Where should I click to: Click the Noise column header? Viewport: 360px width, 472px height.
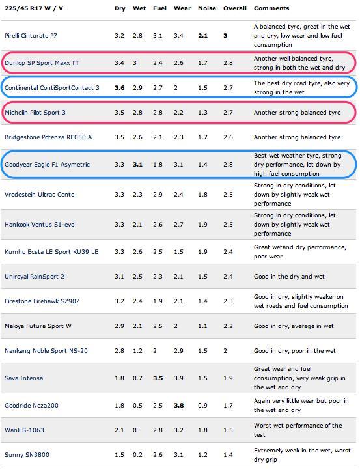207,8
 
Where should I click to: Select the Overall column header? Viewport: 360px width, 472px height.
235,8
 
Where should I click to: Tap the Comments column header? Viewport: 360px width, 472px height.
271,8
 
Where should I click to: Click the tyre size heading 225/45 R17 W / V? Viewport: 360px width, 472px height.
34,8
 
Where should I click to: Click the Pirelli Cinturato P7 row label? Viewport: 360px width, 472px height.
31,36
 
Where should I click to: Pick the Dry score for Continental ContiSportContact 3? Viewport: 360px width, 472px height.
120,88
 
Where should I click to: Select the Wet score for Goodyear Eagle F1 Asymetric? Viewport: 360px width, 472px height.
137,164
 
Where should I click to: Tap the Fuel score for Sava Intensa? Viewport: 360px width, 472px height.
158,378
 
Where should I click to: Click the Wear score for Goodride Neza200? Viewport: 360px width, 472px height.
179,405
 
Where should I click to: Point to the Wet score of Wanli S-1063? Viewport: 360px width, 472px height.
135,430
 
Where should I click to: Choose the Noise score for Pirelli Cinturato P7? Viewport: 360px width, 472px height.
202,36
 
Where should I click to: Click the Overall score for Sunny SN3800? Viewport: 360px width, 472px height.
228,454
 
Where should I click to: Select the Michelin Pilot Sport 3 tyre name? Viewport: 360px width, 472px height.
35,112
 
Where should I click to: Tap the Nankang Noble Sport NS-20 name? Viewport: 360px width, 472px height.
46,350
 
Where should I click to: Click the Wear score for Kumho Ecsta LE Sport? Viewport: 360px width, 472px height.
178,252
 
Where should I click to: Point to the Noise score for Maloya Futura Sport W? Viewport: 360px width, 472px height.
202,326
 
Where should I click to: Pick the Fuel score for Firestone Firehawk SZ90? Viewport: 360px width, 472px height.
158,301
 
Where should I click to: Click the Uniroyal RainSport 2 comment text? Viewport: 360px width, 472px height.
289,276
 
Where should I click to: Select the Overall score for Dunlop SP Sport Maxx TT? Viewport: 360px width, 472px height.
228,63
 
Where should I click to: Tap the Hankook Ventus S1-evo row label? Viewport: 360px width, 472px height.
40,224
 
